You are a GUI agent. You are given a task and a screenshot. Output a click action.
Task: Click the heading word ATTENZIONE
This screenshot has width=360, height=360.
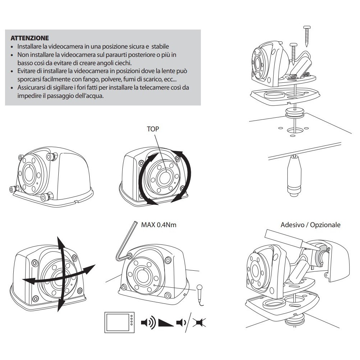[x=30, y=37]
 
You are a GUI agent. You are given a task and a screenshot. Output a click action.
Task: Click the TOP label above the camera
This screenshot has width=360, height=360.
[x=153, y=129]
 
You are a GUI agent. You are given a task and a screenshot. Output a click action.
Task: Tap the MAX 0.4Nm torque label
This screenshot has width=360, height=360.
[x=159, y=225]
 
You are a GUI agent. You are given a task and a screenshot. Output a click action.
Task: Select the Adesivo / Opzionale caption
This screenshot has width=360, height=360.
[x=310, y=225]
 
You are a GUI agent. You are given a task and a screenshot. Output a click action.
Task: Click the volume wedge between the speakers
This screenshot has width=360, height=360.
[x=165, y=321]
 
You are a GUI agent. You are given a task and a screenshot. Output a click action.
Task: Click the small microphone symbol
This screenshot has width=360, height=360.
[x=200, y=288]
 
